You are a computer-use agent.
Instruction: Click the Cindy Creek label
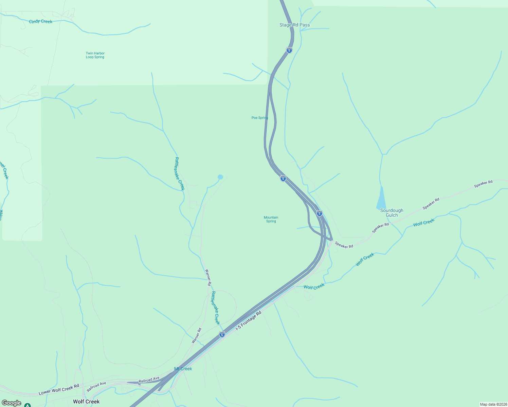pyautogui.click(x=41, y=21)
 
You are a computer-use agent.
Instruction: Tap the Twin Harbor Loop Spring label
pyautogui.click(x=95, y=55)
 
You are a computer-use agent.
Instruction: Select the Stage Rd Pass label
pyautogui.click(x=294, y=25)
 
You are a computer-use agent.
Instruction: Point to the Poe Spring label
pyautogui.click(x=260, y=118)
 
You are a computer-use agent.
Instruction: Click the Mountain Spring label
pyautogui.click(x=271, y=219)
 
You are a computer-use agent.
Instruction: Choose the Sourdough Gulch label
pyautogui.click(x=392, y=213)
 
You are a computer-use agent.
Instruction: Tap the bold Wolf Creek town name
pyautogui.click(x=86, y=402)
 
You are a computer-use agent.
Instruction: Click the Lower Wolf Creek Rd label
pyautogui.click(x=59, y=390)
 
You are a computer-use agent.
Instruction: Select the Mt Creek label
pyautogui.click(x=183, y=369)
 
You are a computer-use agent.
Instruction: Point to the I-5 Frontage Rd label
pyautogui.click(x=249, y=321)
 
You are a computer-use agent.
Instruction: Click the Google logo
pyautogui.click(x=12, y=403)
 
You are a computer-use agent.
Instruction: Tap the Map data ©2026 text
pyautogui.click(x=493, y=404)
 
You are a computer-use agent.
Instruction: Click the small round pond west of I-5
pyautogui.click(x=220, y=177)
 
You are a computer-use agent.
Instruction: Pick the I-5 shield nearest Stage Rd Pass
pyautogui.click(x=289, y=50)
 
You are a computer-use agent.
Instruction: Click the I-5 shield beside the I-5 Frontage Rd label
pyautogui.click(x=222, y=334)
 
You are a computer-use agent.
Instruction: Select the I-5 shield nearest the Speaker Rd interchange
pyautogui.click(x=319, y=213)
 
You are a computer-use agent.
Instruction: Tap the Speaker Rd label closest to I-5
pyautogui.click(x=344, y=245)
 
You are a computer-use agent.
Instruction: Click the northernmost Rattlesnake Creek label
pyautogui.click(x=179, y=174)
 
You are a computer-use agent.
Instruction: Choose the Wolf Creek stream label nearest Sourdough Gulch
pyautogui.click(x=423, y=222)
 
